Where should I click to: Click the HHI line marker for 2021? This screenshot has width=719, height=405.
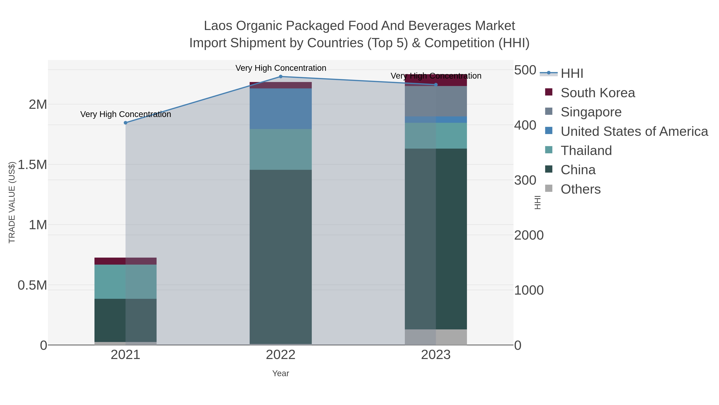126,123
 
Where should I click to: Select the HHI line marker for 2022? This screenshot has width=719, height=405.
281,77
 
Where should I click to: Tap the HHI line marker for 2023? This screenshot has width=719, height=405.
436,85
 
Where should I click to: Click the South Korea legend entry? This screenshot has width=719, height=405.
598,93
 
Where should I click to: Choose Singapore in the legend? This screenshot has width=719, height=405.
591,112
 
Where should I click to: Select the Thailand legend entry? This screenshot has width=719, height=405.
586,151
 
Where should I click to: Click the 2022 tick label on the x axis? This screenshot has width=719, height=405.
281,355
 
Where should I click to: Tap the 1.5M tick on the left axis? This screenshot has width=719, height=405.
32,165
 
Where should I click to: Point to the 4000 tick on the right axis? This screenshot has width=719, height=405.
525,125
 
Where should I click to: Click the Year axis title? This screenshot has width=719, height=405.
281,373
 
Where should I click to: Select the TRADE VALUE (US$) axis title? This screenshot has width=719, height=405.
12,202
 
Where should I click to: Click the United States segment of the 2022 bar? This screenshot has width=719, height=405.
281,109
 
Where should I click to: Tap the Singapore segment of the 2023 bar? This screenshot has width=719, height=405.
436,101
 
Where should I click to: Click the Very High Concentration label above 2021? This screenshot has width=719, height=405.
126,114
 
